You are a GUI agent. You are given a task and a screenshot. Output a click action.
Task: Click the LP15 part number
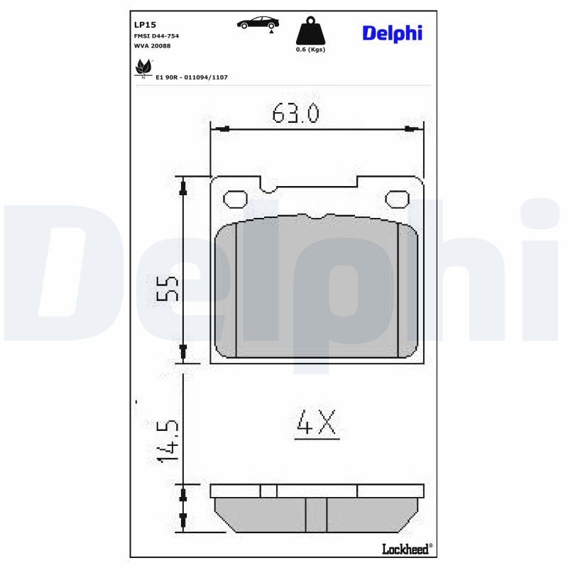pyautogui.click(x=144, y=23)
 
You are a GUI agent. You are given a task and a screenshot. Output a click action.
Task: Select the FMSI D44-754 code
pyautogui.click(x=156, y=35)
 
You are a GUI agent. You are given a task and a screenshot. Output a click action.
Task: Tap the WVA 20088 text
pyautogui.click(x=152, y=45)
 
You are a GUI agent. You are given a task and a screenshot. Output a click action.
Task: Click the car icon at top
pyautogui.click(x=258, y=23)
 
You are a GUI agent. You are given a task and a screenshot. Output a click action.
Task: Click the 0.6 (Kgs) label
pyautogui.click(x=310, y=50)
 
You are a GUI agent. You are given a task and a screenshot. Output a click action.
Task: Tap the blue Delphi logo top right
pyautogui.click(x=392, y=33)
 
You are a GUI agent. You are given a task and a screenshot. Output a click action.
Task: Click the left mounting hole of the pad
pyautogui.click(x=234, y=199)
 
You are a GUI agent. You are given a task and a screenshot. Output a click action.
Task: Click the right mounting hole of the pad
pyautogui.click(x=397, y=199)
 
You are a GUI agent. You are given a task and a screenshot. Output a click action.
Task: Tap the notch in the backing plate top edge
pyautogui.click(x=268, y=186)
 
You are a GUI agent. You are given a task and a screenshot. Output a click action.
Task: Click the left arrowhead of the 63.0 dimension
pyautogui.click(x=222, y=129)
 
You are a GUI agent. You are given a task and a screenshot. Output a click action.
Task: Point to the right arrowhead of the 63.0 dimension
pyautogui.click(x=410, y=129)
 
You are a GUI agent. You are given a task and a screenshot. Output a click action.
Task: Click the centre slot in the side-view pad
pyautogui.click(x=315, y=514)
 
